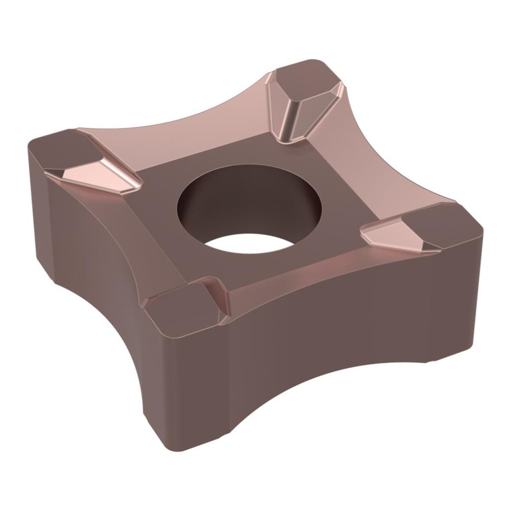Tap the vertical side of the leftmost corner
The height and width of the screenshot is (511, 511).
[x=38, y=194]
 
